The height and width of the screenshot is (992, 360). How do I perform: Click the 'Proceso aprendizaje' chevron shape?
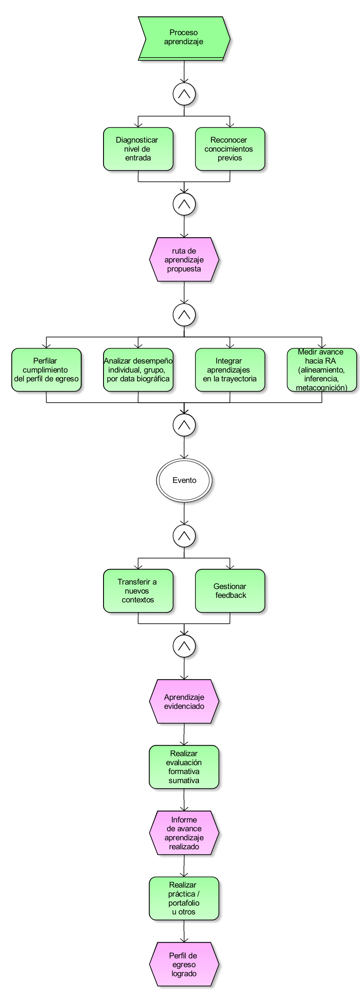tap(184, 38)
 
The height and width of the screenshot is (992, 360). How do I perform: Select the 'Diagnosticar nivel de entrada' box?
tap(138, 149)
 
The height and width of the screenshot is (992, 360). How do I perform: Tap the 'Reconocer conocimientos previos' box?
tap(230, 149)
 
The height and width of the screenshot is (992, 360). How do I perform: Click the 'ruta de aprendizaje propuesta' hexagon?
tap(184, 260)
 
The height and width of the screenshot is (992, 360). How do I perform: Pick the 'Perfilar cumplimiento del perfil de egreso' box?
tap(46, 370)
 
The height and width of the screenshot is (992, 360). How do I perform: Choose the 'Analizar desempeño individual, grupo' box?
tap(138, 370)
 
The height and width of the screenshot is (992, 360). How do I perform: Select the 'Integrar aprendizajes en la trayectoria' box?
tap(230, 370)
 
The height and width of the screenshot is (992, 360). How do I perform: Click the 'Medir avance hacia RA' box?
tap(321, 370)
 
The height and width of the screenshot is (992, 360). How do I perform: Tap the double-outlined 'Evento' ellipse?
tap(184, 481)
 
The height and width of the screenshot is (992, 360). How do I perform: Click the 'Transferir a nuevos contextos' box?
tap(138, 591)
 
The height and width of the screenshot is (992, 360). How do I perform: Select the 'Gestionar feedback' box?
tap(230, 591)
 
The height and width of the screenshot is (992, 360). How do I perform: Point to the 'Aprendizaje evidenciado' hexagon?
tap(184, 701)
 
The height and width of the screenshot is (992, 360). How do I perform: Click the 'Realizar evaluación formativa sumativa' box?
tap(184, 767)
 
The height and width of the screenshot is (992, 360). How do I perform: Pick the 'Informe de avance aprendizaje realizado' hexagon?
tap(184, 833)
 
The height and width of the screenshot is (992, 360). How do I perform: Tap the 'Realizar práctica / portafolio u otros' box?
tap(184, 899)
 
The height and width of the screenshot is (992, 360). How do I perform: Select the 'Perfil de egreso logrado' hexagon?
tap(184, 964)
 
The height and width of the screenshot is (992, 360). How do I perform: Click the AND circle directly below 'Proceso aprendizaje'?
tap(184, 94)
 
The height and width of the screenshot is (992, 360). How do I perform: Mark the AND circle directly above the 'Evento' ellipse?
tap(184, 425)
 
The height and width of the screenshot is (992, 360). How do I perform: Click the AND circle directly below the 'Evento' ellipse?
tap(184, 536)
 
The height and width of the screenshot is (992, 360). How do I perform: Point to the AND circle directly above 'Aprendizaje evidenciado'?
tap(184, 646)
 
